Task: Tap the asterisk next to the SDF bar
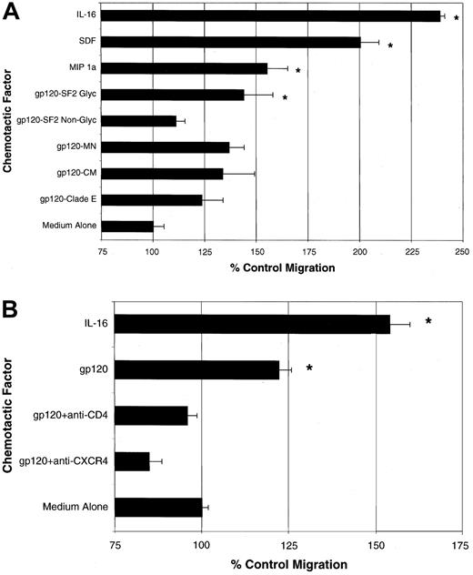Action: (390, 46)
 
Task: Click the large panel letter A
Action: (12, 13)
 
